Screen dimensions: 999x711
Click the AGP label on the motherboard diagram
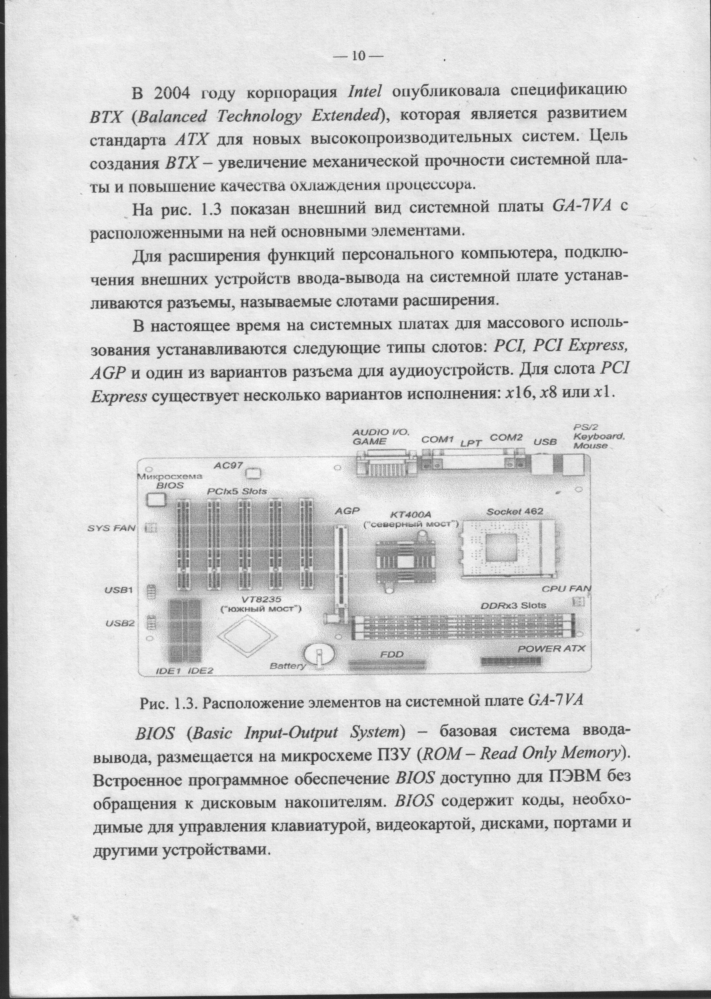[x=347, y=511]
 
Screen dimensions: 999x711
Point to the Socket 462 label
[x=515, y=511]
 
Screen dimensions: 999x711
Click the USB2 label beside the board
[x=119, y=623]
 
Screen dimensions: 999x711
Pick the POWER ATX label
[x=551, y=649]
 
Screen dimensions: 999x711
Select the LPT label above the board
[x=471, y=443]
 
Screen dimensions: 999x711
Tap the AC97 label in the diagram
[x=228, y=466]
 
